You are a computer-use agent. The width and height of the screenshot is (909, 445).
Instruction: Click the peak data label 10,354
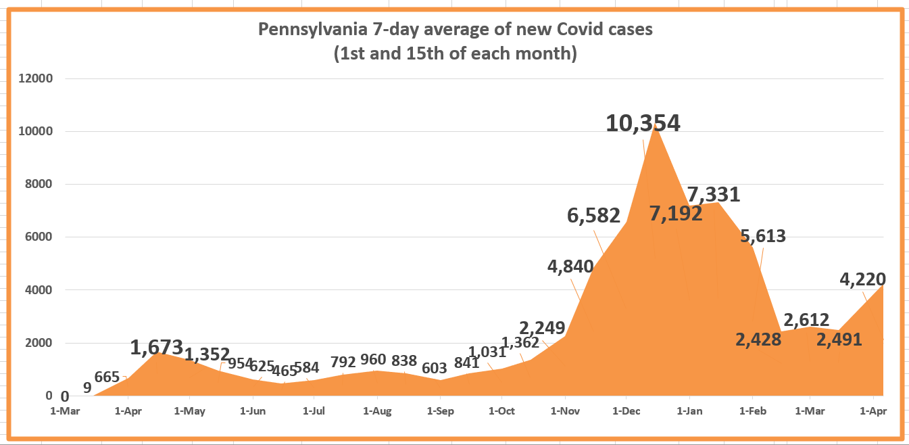643,123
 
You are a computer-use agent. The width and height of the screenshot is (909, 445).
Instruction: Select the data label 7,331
713,195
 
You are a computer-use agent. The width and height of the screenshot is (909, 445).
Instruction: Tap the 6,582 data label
593,216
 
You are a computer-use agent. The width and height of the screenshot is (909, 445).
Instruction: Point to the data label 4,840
570,266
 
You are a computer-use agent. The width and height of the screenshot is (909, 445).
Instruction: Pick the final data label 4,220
862,279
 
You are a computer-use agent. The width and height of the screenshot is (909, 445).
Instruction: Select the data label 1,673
157,348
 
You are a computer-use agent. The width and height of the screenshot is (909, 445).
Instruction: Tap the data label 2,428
758,339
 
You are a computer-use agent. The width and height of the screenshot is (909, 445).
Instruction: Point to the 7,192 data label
676,214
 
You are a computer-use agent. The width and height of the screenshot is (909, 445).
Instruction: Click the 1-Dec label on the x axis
627,411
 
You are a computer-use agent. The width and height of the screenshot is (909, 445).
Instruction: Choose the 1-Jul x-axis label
314,411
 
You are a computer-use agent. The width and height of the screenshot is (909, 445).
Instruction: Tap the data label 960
372,360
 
